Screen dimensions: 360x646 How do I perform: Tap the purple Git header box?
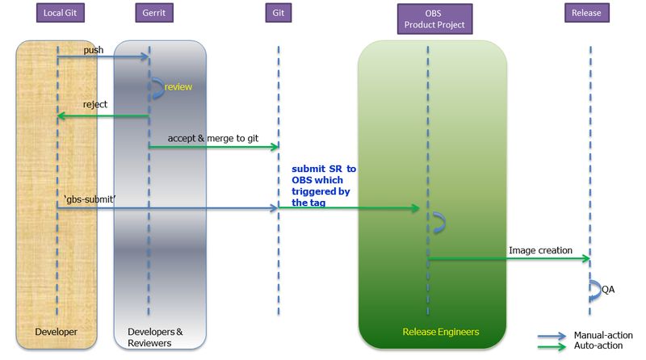coord(278,13)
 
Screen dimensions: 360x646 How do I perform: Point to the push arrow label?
coord(94,50)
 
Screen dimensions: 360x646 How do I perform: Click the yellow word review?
coord(178,86)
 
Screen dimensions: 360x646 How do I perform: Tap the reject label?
coord(95,105)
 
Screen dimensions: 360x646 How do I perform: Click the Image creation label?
coord(540,250)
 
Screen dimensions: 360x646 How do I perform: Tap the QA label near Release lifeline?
coord(608,289)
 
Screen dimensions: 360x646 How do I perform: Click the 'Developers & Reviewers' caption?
coord(155,337)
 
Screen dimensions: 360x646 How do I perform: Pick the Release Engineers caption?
coord(440,332)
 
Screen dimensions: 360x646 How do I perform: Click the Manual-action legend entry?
coord(598,334)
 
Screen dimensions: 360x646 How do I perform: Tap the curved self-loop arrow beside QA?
coord(595,290)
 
